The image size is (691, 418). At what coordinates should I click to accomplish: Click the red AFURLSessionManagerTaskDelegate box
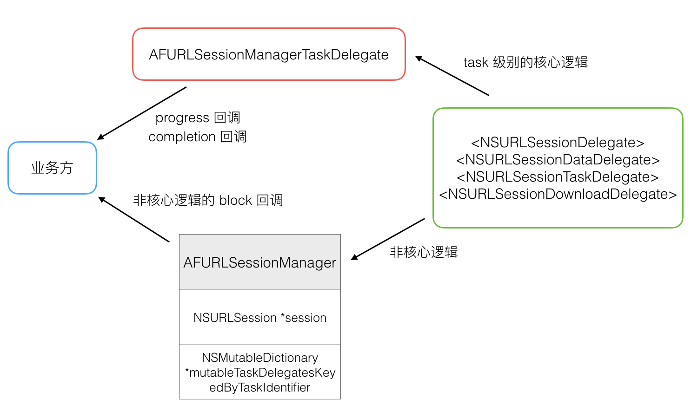tap(269, 54)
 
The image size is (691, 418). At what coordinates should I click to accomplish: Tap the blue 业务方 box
tap(52, 168)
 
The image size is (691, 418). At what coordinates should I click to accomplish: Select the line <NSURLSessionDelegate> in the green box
tap(558, 143)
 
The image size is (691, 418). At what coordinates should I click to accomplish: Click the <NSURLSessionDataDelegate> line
tap(558, 160)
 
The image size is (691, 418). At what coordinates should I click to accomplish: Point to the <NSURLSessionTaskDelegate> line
tap(558, 177)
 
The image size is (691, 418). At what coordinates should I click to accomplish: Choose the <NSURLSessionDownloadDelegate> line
tap(558, 194)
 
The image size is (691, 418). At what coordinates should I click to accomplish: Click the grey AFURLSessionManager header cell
tap(259, 262)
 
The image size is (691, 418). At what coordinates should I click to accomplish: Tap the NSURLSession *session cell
tap(259, 318)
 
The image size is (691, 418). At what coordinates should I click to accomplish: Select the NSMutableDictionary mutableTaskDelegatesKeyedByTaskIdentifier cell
tap(259, 372)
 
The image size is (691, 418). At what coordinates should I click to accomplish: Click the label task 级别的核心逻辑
tap(525, 62)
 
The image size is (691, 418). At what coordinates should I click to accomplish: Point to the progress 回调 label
tap(198, 118)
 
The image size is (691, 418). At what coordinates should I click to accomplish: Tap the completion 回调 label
tap(197, 137)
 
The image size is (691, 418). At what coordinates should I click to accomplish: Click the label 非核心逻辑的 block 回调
tap(208, 200)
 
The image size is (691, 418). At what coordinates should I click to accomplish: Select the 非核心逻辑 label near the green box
tap(424, 252)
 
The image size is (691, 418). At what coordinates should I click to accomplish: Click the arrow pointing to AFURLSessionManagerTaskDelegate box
tap(452, 76)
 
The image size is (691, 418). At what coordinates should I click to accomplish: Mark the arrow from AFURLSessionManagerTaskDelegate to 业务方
tap(142, 113)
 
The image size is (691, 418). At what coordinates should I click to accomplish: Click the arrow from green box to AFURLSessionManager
tap(388, 239)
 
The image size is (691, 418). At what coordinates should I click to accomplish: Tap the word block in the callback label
tap(235, 200)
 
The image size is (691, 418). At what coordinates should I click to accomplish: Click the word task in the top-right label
tap(476, 62)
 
